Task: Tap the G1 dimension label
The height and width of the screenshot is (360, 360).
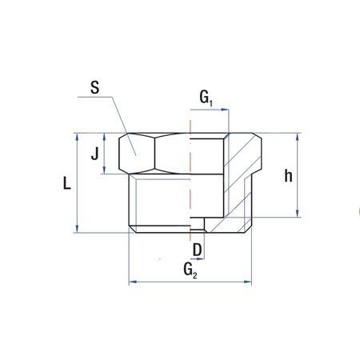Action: [x=206, y=98]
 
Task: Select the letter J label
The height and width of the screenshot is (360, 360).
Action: [x=95, y=151]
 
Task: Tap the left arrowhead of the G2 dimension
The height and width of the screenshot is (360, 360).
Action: [x=133, y=282]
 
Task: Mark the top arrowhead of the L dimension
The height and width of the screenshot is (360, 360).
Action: [x=76, y=137]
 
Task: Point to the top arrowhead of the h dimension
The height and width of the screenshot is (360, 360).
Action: [x=298, y=137]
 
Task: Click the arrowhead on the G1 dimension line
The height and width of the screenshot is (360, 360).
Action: [x=226, y=110]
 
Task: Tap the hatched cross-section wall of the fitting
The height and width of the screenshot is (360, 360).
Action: [x=240, y=176]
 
